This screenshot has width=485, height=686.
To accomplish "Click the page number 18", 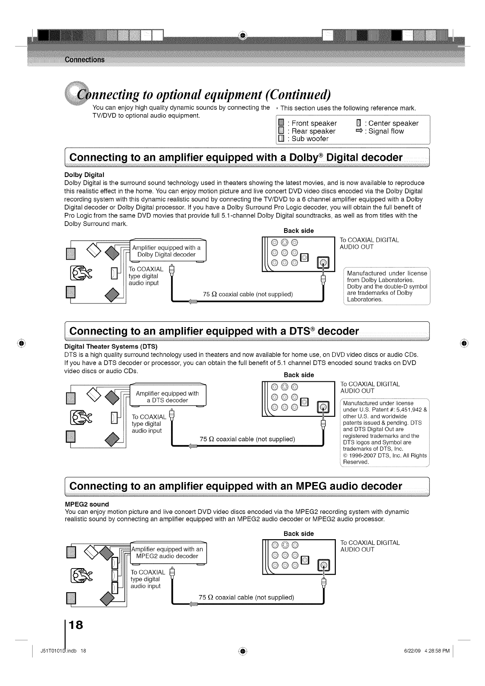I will [76, 625].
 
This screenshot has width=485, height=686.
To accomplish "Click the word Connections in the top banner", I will [84, 60].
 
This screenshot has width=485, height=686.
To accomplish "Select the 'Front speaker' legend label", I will [314, 123].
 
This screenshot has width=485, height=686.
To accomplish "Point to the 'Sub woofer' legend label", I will [310, 139].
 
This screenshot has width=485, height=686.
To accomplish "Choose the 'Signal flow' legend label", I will [386, 131].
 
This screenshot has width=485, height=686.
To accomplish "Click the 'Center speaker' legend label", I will [393, 123].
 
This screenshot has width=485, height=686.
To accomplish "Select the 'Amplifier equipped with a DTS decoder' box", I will [167, 397].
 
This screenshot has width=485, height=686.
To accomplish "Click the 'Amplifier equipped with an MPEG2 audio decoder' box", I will [167, 553].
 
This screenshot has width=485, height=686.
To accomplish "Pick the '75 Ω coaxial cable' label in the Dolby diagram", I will [248, 294].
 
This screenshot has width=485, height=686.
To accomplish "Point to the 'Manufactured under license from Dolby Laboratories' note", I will [387, 286].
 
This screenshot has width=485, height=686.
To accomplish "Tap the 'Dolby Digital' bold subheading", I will [84, 175].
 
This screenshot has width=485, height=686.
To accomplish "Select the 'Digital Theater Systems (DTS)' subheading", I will [111, 347].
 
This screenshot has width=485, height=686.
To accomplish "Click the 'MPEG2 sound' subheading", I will [87, 504].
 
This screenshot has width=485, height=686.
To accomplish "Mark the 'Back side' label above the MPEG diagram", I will [299, 533].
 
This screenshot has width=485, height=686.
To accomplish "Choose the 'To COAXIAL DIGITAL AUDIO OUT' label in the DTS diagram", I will [370, 387].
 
